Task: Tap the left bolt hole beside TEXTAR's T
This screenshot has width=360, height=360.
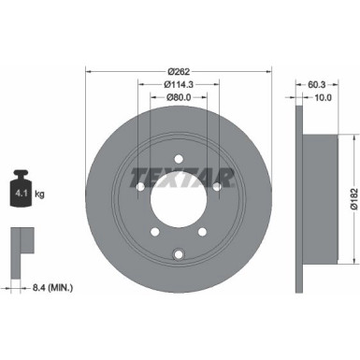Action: click(x=139, y=186)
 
